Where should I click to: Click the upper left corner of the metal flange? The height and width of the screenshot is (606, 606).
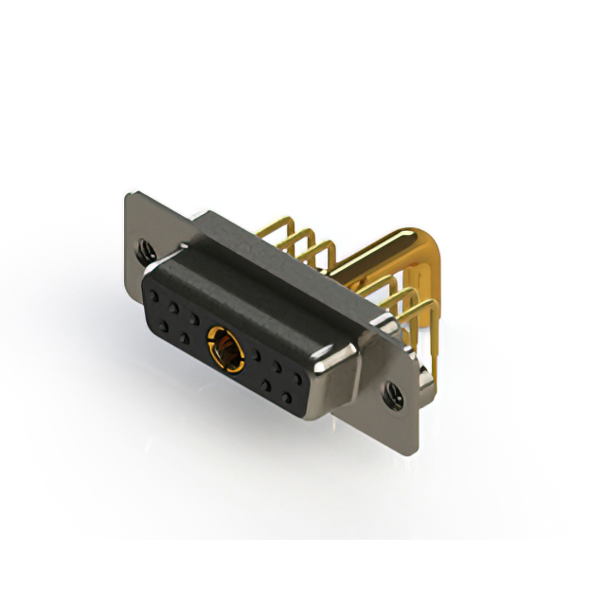(x=128, y=195)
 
